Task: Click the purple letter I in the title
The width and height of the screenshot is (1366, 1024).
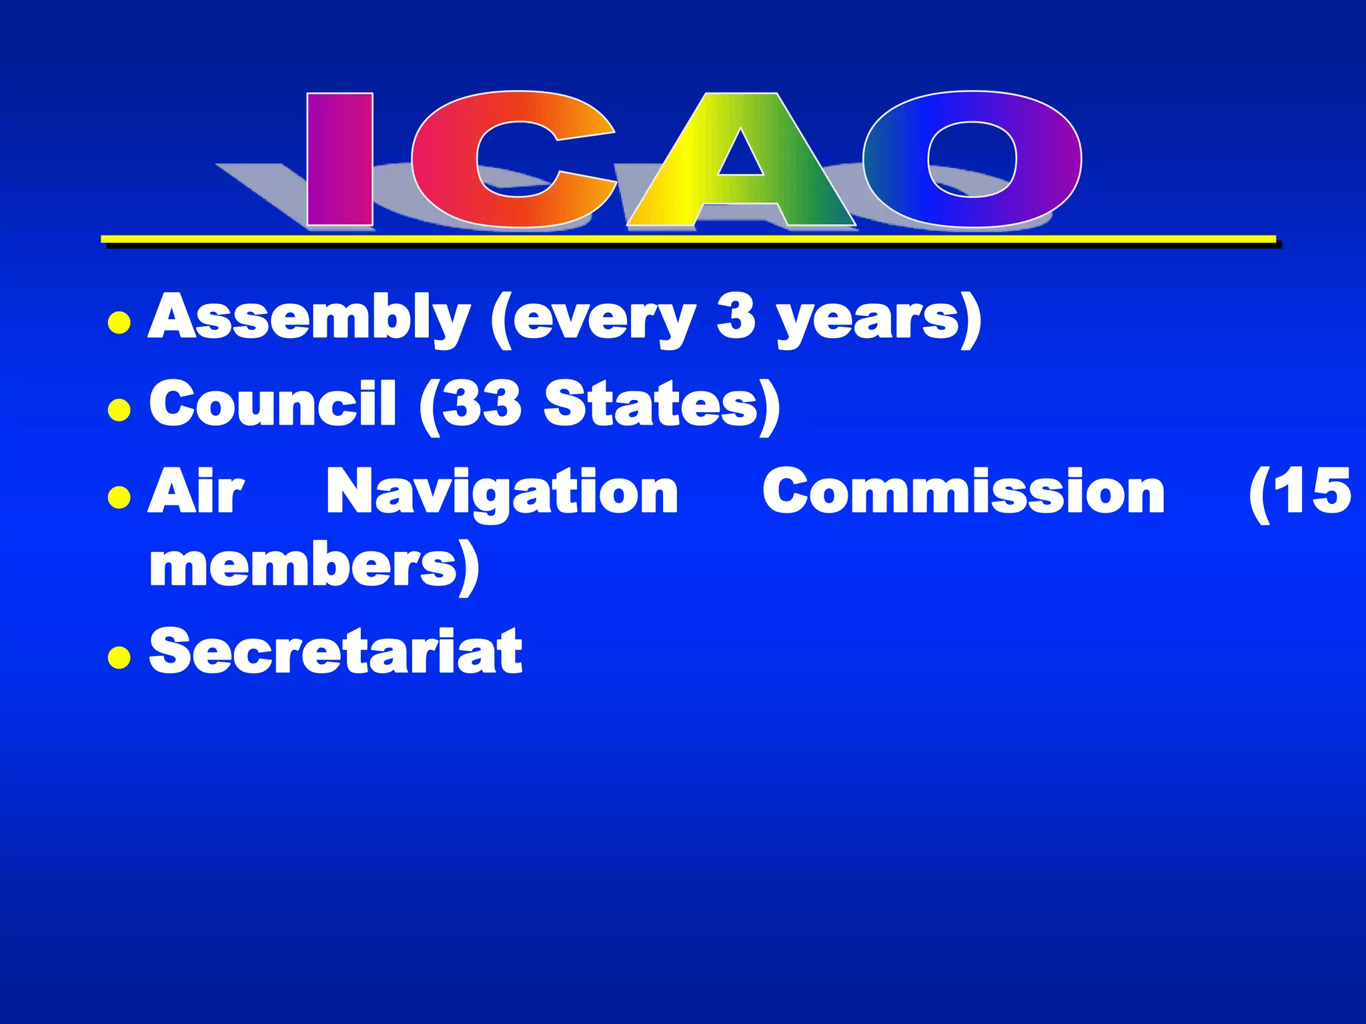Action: coord(339,160)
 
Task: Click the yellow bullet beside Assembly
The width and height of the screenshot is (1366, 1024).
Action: coord(119,323)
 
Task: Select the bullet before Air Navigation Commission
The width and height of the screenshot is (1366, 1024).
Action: coord(119,497)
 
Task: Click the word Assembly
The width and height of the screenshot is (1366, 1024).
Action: coord(309,319)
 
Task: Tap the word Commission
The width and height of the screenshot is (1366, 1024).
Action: coord(963,491)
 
